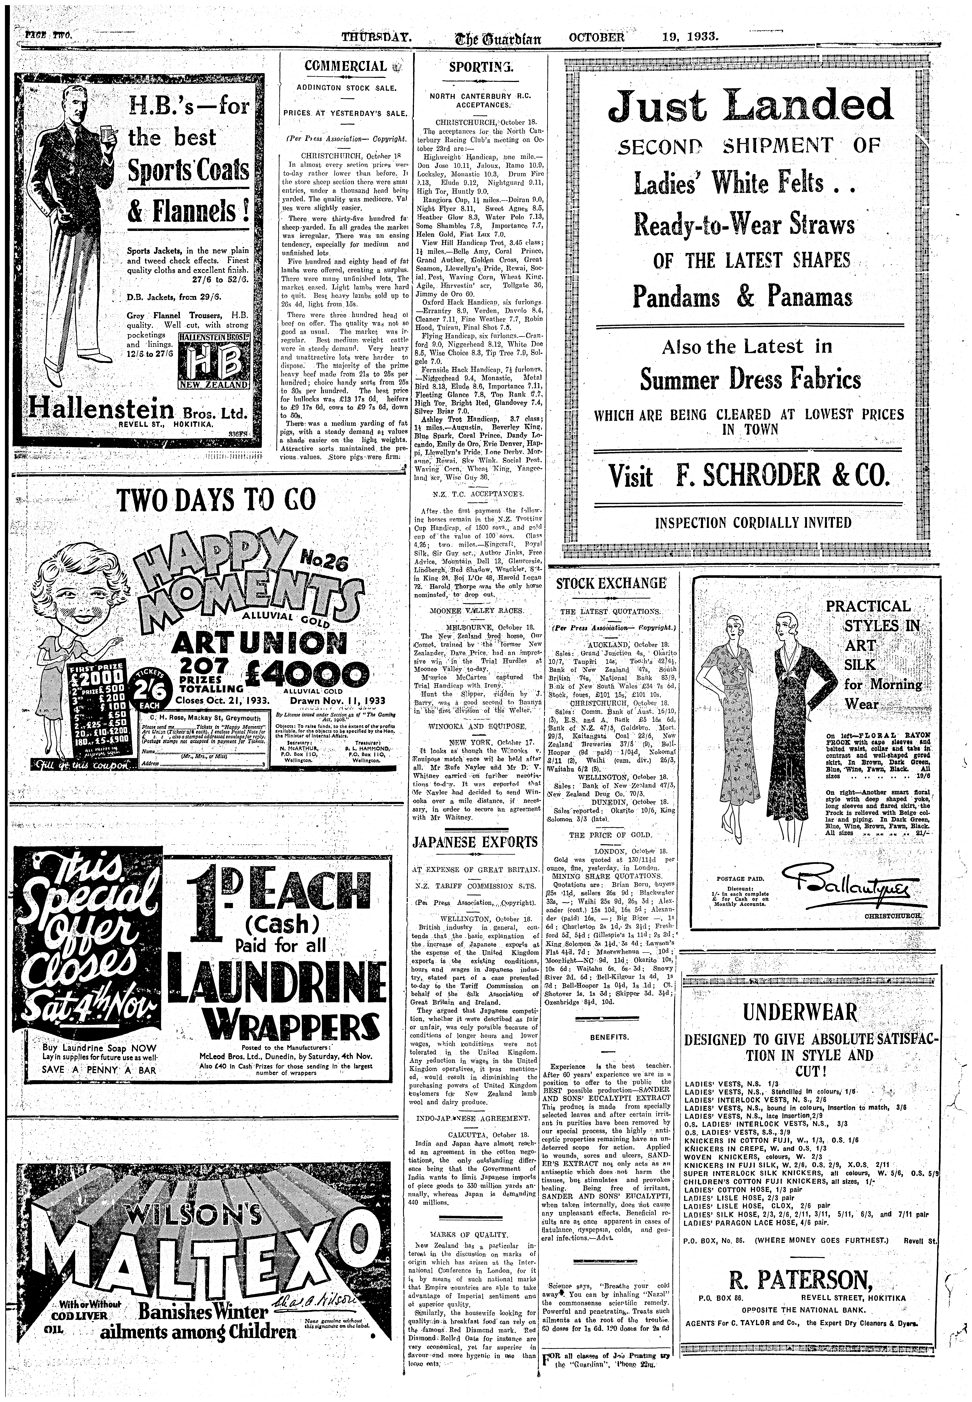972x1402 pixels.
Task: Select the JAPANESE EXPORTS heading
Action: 475,842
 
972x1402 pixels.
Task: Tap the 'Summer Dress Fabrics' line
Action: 750,381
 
